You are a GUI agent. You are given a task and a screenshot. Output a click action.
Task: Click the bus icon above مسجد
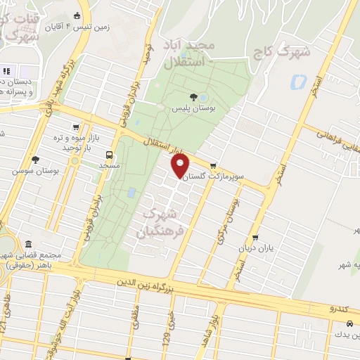pyautogui.click(x=108, y=154)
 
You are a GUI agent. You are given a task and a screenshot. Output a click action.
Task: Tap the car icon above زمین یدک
pyautogui.click(x=349, y=323)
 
